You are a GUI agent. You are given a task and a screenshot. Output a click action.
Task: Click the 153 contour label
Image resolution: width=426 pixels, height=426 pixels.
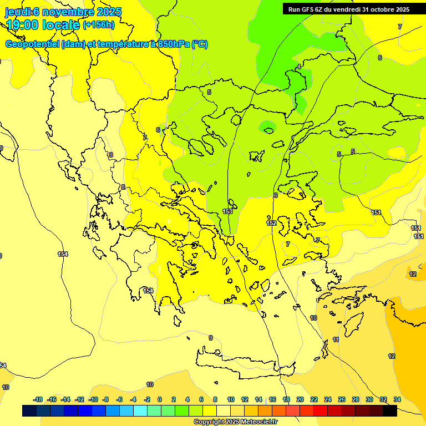click(227, 211)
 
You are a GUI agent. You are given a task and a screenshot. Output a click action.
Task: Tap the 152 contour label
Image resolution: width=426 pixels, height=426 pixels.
click(271, 223)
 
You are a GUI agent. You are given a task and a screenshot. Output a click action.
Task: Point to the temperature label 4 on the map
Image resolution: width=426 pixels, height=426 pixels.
click(299, 67)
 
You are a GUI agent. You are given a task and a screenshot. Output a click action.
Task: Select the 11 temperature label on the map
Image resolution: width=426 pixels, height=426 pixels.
click(336, 339)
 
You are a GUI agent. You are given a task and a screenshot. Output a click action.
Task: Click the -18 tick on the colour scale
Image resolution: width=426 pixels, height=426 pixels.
click(38, 399)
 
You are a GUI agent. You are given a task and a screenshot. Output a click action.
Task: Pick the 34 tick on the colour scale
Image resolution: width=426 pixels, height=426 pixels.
click(397, 399)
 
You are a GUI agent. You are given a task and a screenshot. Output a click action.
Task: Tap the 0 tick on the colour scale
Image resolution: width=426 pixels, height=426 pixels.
click(160, 399)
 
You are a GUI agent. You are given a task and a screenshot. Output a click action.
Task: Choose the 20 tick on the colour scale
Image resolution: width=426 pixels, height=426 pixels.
click(300, 399)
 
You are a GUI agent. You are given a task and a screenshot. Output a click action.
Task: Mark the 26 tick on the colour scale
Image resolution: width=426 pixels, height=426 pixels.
click(342, 399)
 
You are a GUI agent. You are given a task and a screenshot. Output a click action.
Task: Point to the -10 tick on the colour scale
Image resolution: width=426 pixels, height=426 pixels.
click(94, 399)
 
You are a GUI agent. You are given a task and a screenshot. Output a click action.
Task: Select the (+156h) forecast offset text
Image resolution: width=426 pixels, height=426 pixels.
click(99, 24)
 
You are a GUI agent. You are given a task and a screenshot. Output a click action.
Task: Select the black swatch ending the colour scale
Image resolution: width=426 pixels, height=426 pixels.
click(390, 411)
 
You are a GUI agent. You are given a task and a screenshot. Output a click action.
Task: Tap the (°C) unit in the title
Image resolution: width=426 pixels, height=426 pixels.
click(200, 44)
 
